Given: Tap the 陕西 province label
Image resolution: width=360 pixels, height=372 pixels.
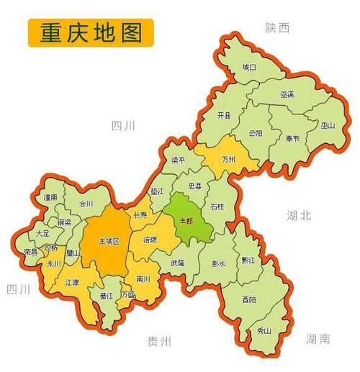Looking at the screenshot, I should click(277, 27).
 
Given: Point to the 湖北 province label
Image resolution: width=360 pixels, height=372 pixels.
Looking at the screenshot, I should click(297, 214).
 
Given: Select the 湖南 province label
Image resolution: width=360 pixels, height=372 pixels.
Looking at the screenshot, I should click(318, 338).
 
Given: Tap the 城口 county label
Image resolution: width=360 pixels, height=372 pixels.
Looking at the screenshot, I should click(248, 67).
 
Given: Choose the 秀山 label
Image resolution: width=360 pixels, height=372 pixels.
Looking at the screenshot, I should click(264, 330).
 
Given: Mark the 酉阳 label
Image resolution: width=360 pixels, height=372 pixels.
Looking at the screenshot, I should click(248, 298).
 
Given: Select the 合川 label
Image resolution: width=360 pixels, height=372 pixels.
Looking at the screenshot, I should click(86, 204).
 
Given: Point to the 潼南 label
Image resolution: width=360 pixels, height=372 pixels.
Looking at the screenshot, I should click(50, 196).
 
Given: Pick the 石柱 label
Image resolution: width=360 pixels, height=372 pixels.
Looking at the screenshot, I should click(217, 207).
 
